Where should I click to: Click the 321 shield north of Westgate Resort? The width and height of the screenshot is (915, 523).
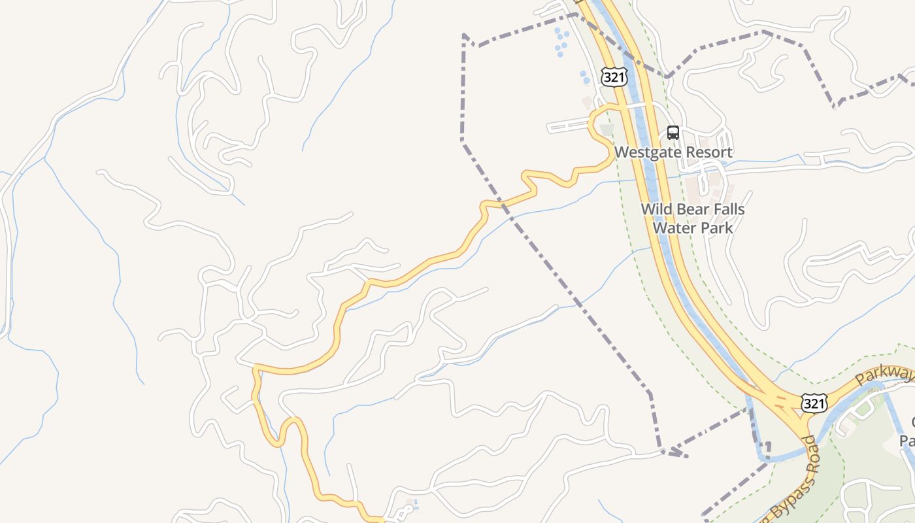tap(615, 77)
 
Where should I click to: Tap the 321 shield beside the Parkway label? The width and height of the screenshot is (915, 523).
tap(814, 403)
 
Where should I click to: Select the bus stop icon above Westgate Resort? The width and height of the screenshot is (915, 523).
tap(673, 133)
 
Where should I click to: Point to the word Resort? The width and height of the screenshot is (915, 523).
tap(707, 152)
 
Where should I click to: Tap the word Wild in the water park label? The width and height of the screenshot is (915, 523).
tap(656, 210)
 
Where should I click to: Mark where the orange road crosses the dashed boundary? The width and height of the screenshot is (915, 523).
tap(502, 205)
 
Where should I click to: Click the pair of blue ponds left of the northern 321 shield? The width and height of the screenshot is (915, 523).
tap(584, 77)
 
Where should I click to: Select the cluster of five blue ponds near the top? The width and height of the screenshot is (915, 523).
tap(560, 42)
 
